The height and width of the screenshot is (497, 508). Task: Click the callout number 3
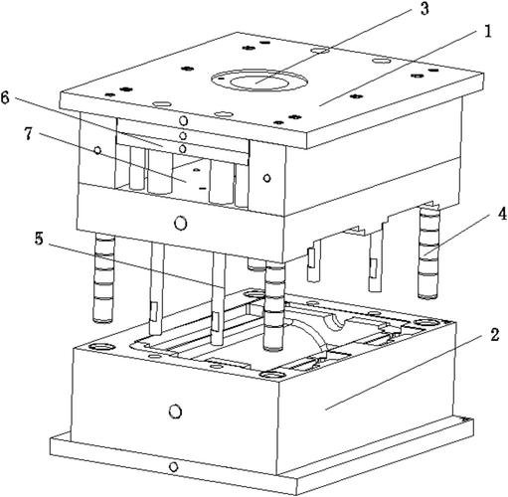pos(424,9)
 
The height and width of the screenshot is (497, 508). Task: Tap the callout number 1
pos(487,32)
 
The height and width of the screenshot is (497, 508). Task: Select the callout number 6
pos(5,97)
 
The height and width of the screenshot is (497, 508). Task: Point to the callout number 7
pos(28,133)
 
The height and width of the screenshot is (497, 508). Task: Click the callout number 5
pos(39,239)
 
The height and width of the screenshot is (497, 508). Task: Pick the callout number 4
pos(502,214)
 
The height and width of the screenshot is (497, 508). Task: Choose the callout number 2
pos(494,335)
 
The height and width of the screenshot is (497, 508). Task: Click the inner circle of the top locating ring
pos(259,83)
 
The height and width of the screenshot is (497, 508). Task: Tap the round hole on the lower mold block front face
pos(175,412)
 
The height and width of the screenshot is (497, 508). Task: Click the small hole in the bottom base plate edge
pos(173,467)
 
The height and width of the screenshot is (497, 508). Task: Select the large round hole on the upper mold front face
pos(180,224)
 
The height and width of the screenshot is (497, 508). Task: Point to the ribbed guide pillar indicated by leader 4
pos(428,251)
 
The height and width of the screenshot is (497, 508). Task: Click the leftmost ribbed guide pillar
pos(103,277)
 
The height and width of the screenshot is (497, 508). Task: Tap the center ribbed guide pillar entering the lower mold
pos(274,305)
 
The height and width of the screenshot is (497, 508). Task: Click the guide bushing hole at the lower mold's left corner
pos(101,347)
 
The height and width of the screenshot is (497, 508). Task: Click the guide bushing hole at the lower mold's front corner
pos(272,375)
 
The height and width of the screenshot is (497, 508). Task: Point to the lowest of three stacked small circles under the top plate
pos(183,149)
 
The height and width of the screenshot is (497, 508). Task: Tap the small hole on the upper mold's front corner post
pos(267,178)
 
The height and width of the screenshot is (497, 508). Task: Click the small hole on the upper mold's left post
pos(97,150)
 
